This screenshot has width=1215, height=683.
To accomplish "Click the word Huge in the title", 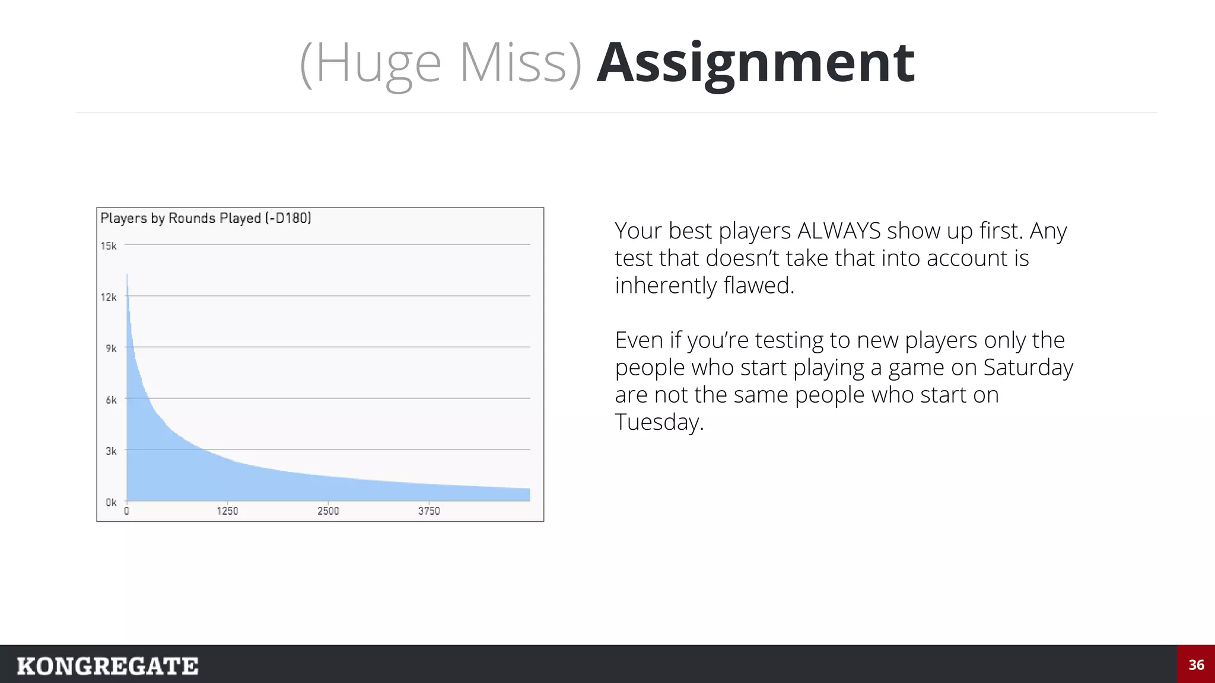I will (x=379, y=64).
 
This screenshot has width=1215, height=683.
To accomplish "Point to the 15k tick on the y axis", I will (x=109, y=246).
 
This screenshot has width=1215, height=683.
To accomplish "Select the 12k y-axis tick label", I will (x=109, y=297).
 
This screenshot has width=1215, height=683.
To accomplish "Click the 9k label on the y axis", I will (x=111, y=349).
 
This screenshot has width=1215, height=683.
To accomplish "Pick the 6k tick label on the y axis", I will (x=111, y=400).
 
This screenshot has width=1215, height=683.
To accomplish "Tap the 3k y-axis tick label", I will (x=111, y=451).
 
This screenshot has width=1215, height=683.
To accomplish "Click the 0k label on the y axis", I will (x=111, y=503).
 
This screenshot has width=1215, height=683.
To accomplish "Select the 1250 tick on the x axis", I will (x=227, y=511).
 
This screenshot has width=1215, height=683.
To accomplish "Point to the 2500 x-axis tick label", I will (x=328, y=511).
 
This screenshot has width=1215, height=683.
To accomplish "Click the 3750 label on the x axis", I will (x=429, y=511).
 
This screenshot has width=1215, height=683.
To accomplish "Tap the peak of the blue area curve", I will (x=127, y=276).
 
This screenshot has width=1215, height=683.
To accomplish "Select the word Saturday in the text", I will (x=1028, y=368).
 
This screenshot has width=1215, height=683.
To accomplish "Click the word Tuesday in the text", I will (x=659, y=423).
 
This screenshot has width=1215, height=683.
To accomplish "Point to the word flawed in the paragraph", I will (x=758, y=286).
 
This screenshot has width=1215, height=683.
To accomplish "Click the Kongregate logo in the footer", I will (x=107, y=666).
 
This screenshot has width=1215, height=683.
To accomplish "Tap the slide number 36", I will (x=1196, y=665).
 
